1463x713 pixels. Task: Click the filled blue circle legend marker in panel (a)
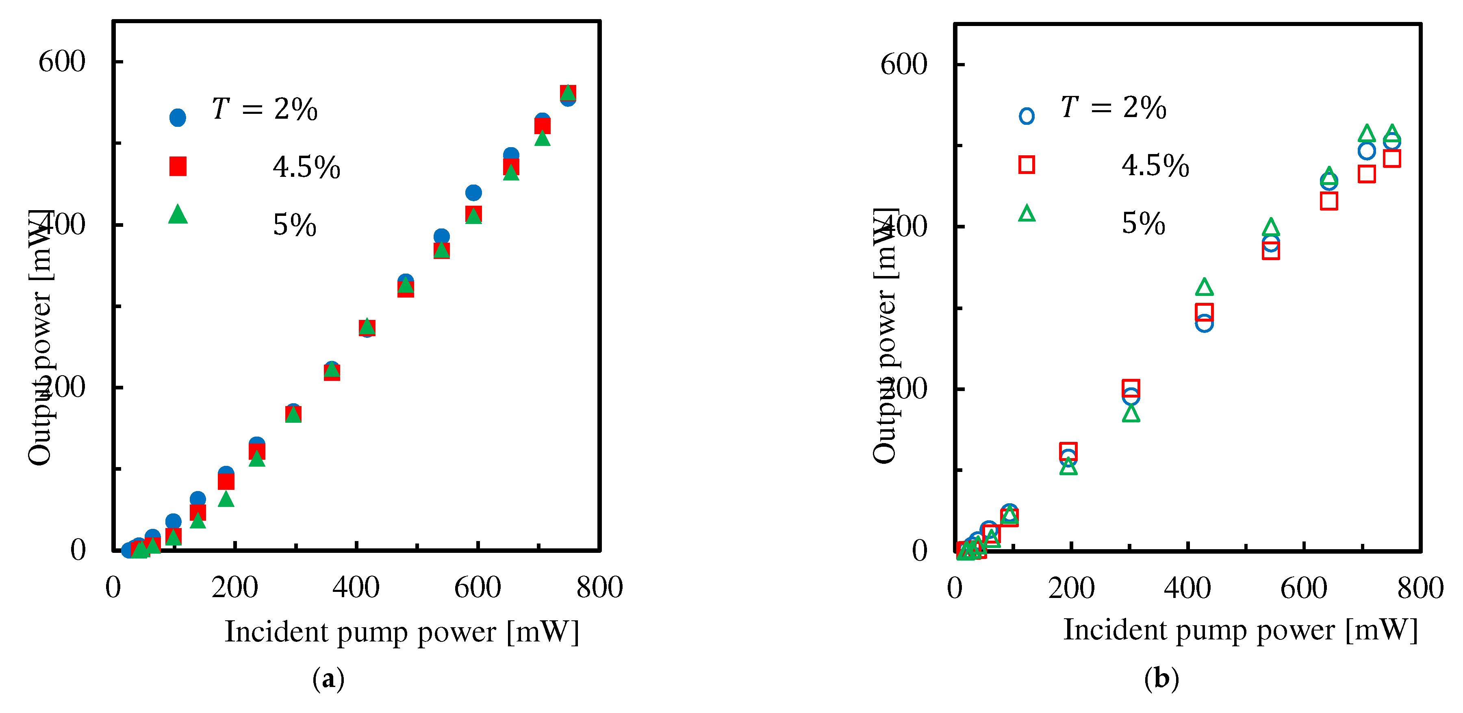click(178, 117)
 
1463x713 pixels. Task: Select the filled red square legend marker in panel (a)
click(178, 166)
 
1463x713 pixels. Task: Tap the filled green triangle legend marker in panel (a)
click(178, 215)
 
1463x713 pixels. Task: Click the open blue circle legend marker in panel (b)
click(1026, 116)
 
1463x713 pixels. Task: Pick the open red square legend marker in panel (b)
click(1026, 165)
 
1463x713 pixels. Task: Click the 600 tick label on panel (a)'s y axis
click(61, 61)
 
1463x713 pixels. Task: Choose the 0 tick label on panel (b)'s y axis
click(920, 550)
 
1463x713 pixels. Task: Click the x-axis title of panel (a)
click(402, 632)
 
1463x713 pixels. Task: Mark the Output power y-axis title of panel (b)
click(885, 335)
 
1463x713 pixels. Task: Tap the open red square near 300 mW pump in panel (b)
click(1131, 388)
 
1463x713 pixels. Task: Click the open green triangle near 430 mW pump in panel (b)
click(1204, 287)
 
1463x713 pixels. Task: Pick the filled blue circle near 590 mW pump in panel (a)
click(473, 193)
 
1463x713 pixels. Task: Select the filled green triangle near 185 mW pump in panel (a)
click(226, 499)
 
